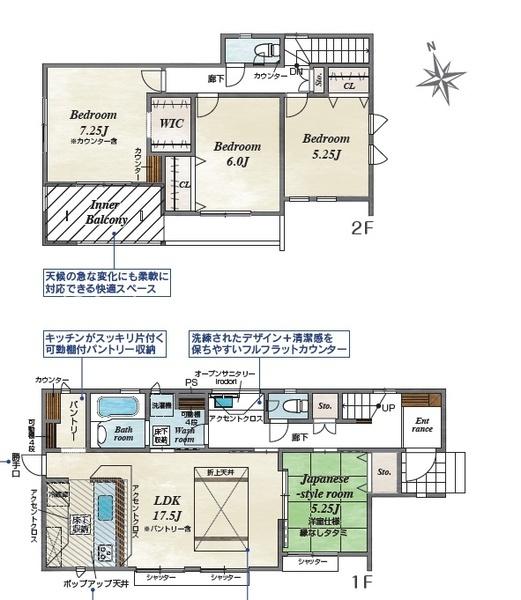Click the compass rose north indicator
click(x=443, y=70)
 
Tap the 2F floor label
click(x=363, y=227)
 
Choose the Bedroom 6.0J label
click(x=237, y=153)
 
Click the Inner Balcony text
click(x=102, y=212)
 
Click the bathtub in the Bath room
click(x=121, y=411)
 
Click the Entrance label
click(x=422, y=424)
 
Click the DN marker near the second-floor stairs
click(x=296, y=71)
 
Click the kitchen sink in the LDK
click(x=103, y=548)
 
